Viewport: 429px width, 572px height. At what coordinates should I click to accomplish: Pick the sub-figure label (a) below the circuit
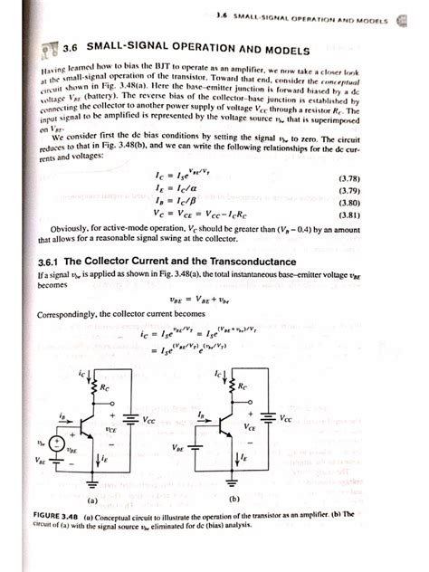click(x=91, y=498)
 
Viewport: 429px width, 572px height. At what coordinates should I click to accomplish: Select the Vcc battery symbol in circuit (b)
click(x=269, y=417)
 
